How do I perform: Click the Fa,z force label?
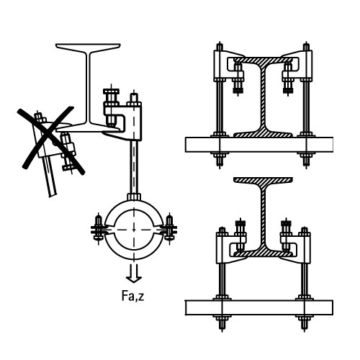pos(132,296)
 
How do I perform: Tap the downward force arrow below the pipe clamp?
pos(134,273)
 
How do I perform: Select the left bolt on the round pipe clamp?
pos(98,228)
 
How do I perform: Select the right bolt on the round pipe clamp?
pos(169,228)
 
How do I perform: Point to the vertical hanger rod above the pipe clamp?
pos(134,167)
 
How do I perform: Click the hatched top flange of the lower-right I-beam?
pos(263,181)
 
